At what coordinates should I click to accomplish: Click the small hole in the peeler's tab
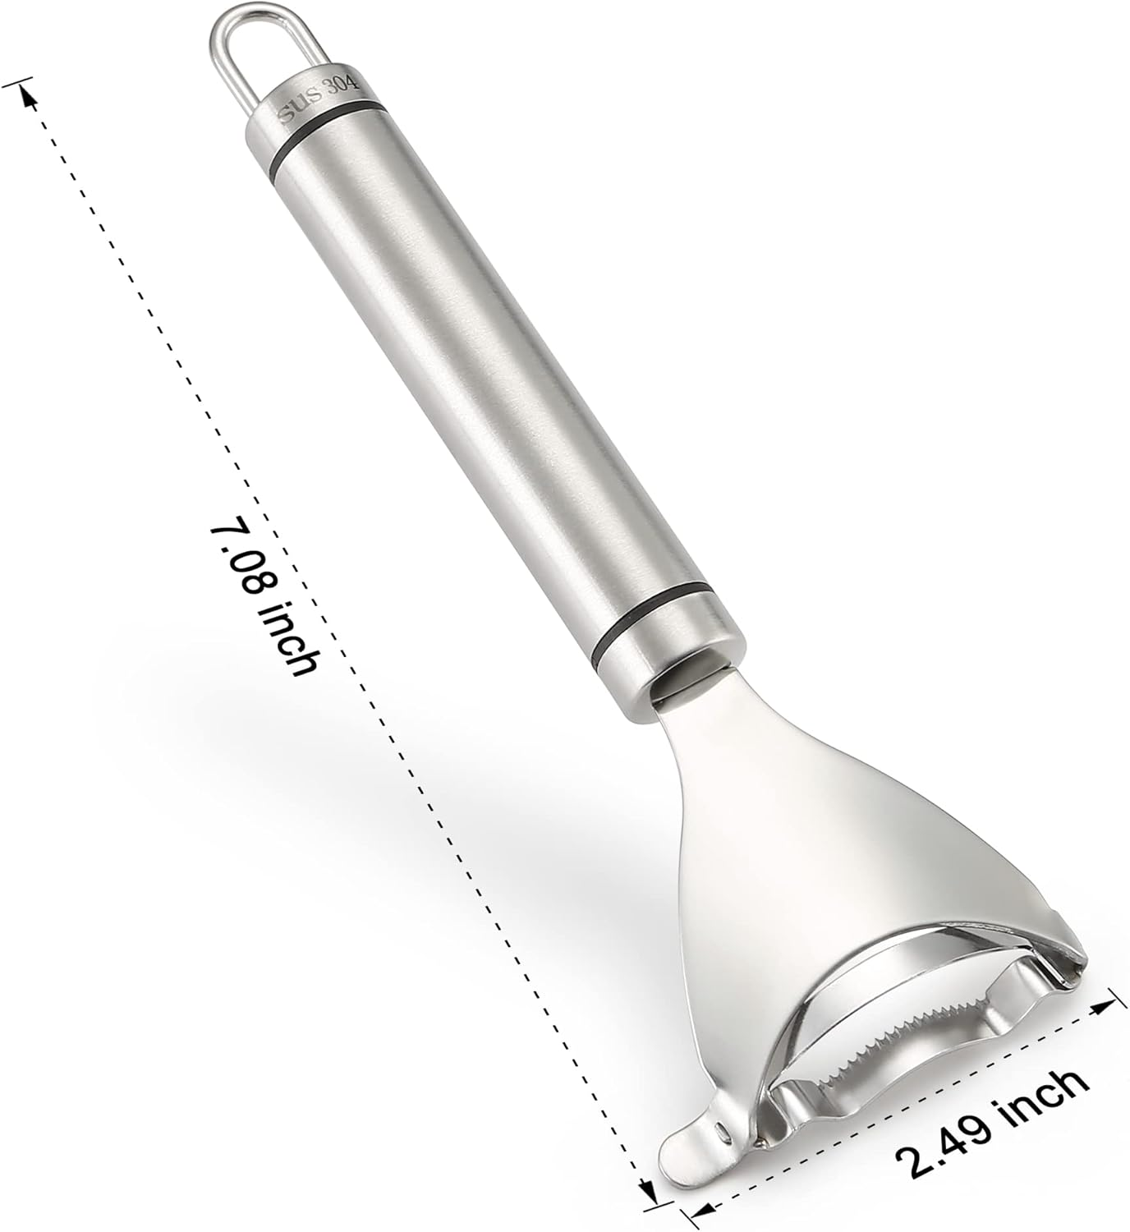(722, 1131)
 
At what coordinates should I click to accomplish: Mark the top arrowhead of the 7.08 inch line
(30, 94)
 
